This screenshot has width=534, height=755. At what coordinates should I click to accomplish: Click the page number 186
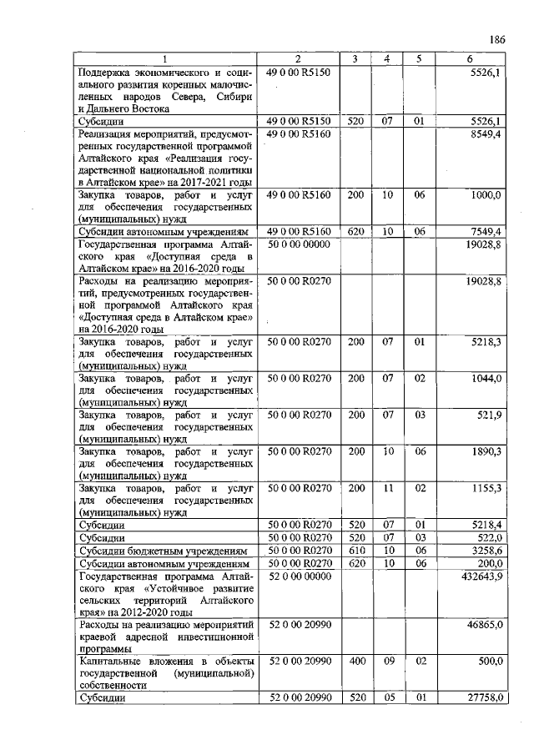coord(498,39)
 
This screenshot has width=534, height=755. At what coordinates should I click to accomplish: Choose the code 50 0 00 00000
coord(299,244)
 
